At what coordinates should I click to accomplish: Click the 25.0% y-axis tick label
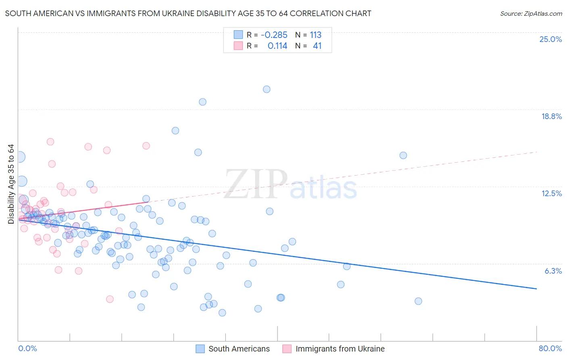pyautogui.click(x=550, y=39)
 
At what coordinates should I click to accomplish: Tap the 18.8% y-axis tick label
pyautogui.click(x=551, y=116)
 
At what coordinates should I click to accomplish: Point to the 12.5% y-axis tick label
pyautogui.click(x=551, y=193)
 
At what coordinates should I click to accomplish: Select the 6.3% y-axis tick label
pyautogui.click(x=553, y=271)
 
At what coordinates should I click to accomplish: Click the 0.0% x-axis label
pyautogui.click(x=27, y=348)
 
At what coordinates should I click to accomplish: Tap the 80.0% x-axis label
pyautogui.click(x=550, y=348)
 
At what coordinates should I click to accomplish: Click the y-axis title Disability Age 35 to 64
pyautogui.click(x=11, y=184)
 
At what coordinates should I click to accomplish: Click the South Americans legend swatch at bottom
pyautogui.click(x=200, y=349)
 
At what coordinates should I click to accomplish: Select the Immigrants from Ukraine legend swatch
pyautogui.click(x=287, y=349)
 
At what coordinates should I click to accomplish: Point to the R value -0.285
pyautogui.click(x=274, y=35)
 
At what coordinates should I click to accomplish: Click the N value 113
pyautogui.click(x=315, y=35)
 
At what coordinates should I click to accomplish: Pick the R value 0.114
pyautogui.click(x=277, y=46)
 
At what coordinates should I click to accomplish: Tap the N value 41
pyautogui.click(x=317, y=46)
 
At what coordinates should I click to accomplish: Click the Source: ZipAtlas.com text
pyautogui.click(x=531, y=13)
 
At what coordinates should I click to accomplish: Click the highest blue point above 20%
pyautogui.click(x=267, y=89)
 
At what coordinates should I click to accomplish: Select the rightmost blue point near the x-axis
pyautogui.click(x=418, y=301)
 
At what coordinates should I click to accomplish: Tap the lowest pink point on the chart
pyautogui.click(x=110, y=299)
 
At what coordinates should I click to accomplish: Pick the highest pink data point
pyautogui.click(x=50, y=142)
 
